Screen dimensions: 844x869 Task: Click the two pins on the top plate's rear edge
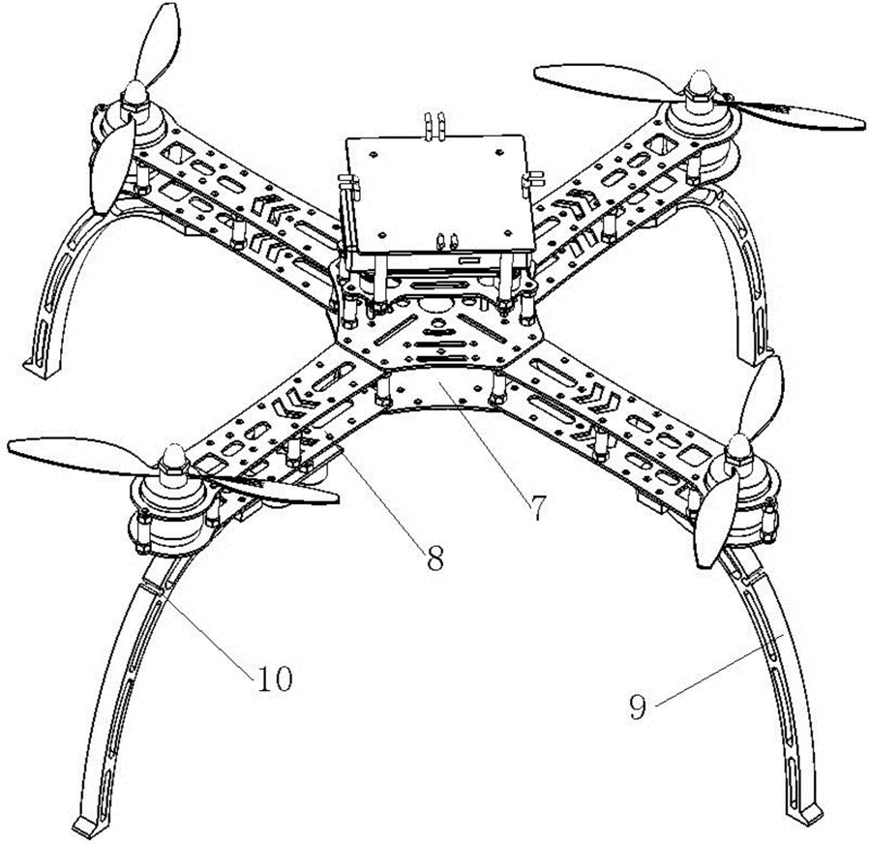434,124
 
